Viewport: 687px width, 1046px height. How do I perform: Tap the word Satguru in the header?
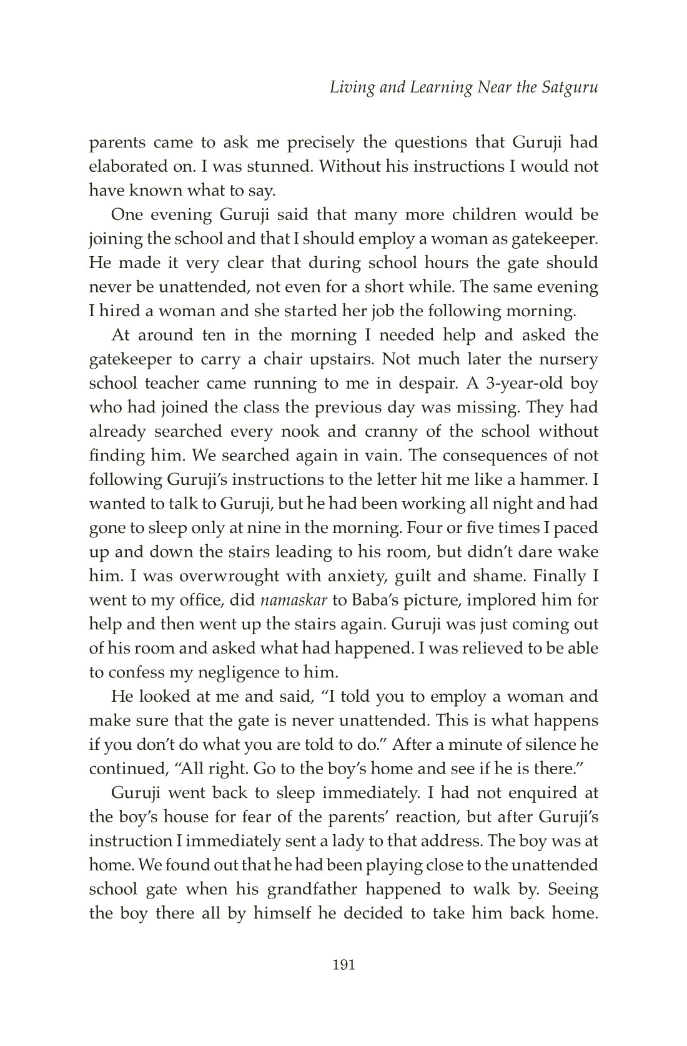click(570, 87)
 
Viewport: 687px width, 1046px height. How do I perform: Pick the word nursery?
click(570, 359)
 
